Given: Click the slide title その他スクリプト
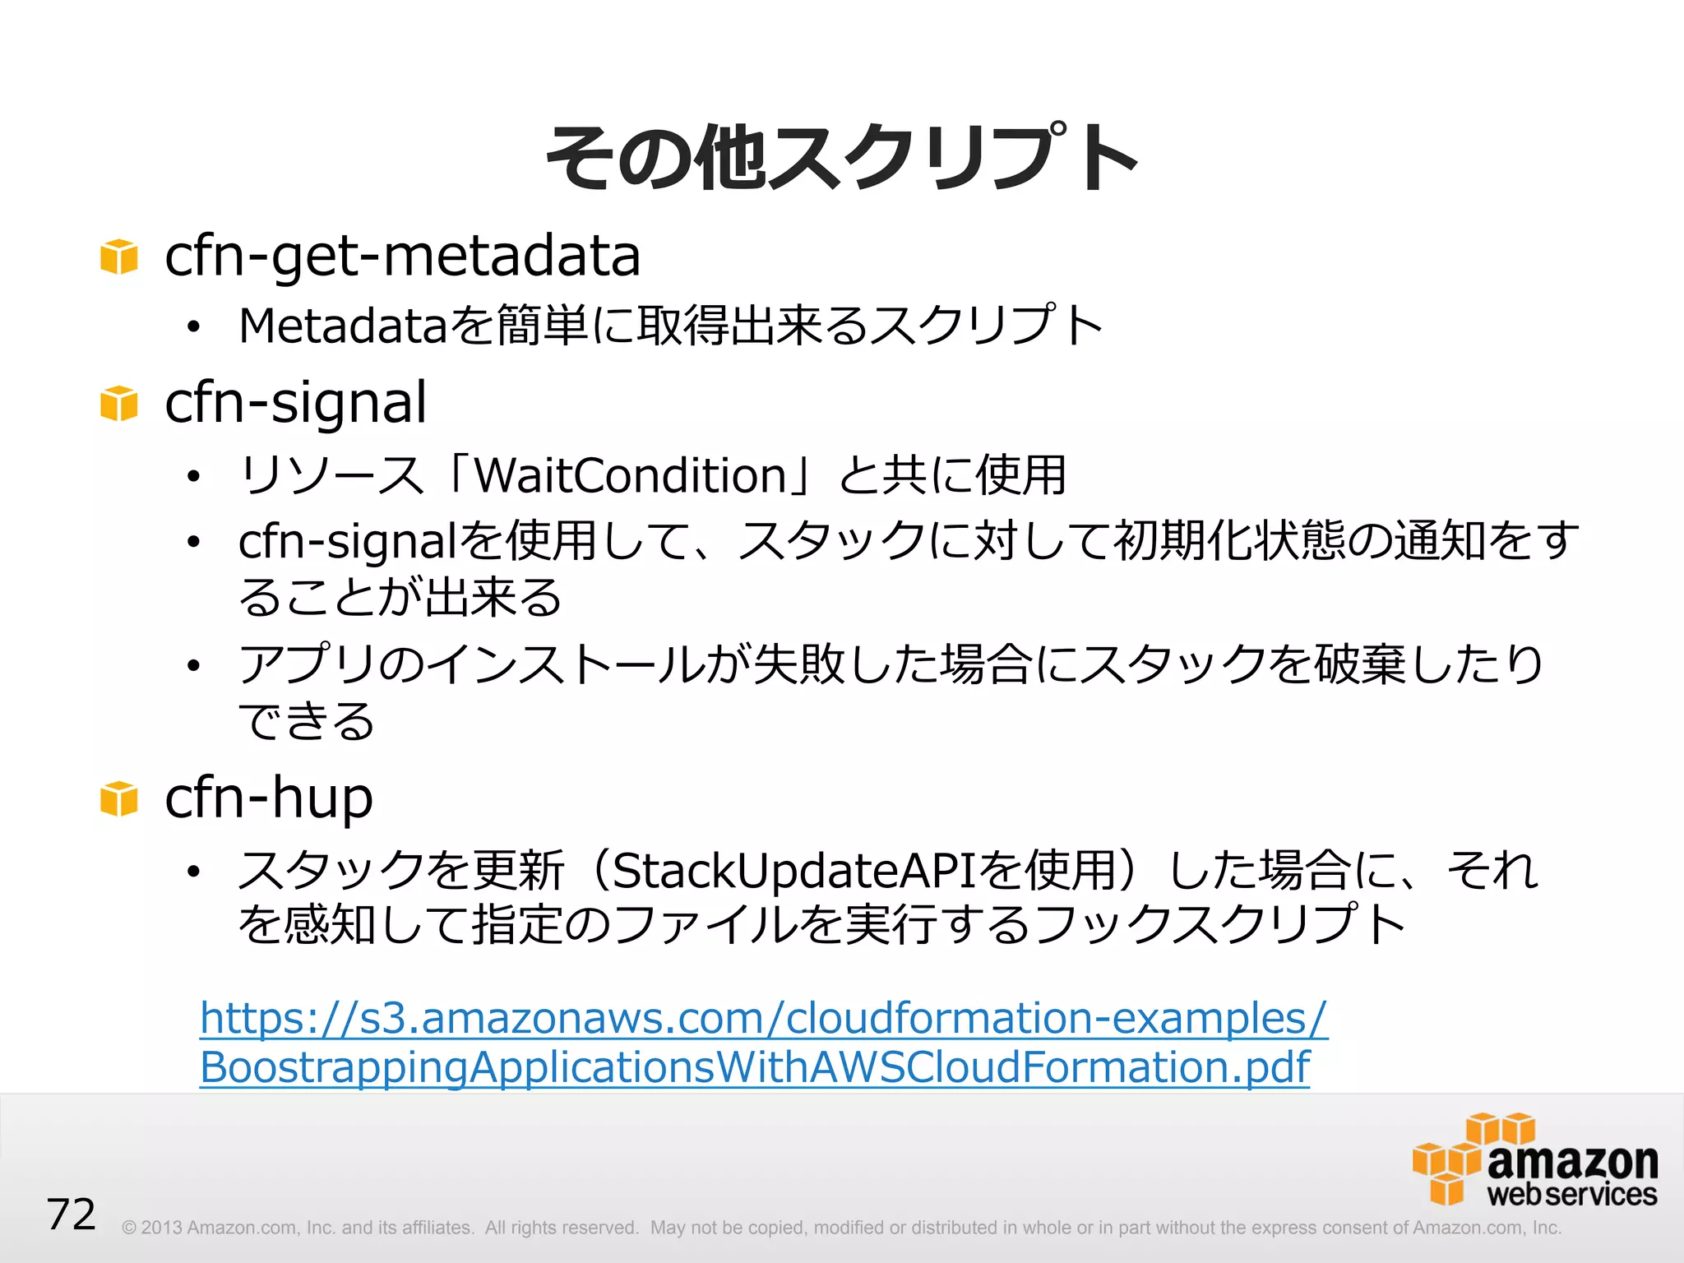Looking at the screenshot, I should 841,158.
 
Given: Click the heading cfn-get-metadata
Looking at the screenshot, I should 402,256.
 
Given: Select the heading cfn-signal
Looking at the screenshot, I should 295,403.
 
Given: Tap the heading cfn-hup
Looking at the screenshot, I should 269,798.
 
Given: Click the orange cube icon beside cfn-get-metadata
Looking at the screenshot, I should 118,257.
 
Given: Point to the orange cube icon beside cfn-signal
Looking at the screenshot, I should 118,404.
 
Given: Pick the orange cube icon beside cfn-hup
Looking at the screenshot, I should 118,798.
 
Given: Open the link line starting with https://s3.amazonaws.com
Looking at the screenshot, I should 763,1018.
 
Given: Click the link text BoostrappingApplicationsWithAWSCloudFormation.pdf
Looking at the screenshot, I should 754,1067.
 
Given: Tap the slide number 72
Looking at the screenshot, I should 72,1214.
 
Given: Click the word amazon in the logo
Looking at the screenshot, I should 1572,1160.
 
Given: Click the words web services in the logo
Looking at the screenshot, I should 1571,1195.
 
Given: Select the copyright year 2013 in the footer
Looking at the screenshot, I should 161,1228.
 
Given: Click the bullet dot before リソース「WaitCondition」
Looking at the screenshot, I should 193,477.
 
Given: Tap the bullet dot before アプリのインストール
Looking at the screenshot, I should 193,665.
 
